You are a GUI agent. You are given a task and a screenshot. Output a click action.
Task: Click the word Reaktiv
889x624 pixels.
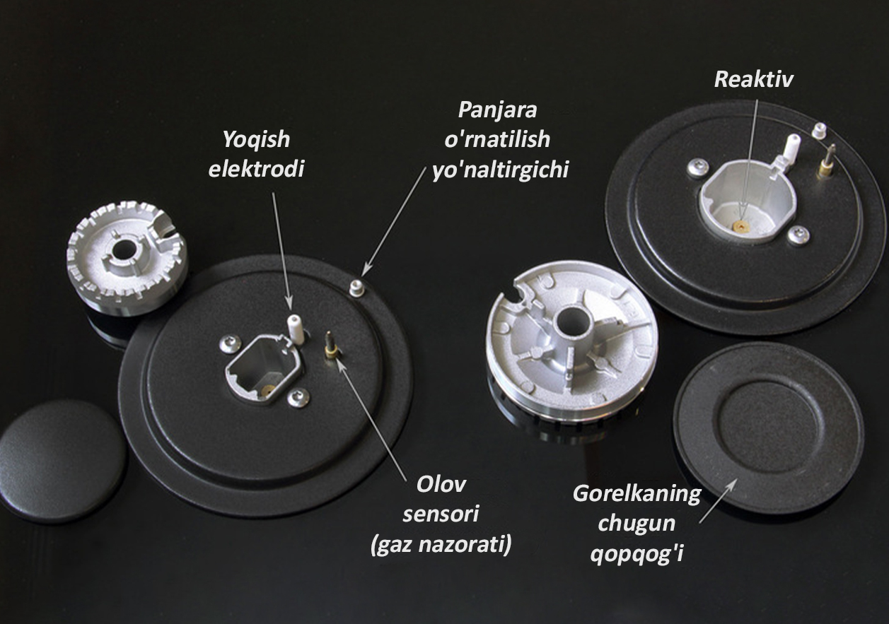pyautogui.click(x=753, y=79)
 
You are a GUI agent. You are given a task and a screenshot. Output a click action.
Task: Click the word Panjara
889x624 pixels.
pyautogui.click(x=498, y=111)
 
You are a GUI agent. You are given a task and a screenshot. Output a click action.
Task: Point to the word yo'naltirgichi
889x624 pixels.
pyautogui.click(x=501, y=170)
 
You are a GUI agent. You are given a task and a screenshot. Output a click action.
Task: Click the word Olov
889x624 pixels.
pyautogui.click(x=441, y=485)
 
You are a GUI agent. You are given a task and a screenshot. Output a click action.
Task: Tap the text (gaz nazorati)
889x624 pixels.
pyautogui.click(x=441, y=545)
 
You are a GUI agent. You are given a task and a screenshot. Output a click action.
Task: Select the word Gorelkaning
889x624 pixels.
pyautogui.click(x=637, y=493)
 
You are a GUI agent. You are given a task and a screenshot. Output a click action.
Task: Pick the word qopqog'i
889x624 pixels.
pyautogui.click(x=637, y=553)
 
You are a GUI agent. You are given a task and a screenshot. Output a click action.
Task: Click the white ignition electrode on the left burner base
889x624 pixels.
pyautogui.click(x=294, y=329)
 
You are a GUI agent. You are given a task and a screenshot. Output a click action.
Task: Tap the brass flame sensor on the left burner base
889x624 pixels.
pyautogui.click(x=330, y=346)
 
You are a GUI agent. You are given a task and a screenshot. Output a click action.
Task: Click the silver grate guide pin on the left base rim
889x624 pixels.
pyautogui.click(x=356, y=288)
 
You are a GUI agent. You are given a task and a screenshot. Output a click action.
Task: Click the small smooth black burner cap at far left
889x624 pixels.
pyautogui.click(x=64, y=460)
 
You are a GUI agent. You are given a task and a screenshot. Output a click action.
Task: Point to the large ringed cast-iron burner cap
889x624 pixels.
pyautogui.click(x=768, y=428)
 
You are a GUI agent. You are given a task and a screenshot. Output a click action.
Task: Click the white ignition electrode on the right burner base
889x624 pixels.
pyautogui.click(x=793, y=146)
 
